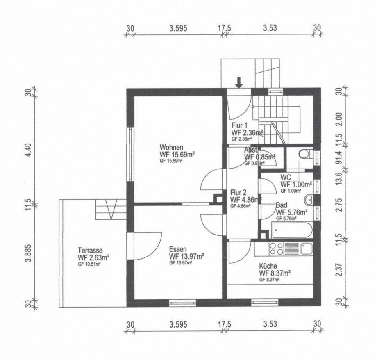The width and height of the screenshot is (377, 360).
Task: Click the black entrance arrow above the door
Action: (239, 82)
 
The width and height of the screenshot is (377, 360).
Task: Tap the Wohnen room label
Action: (171, 147)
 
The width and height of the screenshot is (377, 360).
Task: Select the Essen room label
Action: (178, 249)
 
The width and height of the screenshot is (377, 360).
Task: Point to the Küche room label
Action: (268, 266)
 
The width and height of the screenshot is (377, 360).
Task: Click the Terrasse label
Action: (90, 250)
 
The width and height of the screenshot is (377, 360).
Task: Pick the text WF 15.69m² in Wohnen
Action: (177, 155)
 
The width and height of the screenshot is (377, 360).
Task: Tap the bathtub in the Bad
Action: (292, 230)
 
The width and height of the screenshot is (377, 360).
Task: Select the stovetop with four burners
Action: (276, 249)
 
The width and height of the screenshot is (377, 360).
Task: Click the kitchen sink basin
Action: (307, 248)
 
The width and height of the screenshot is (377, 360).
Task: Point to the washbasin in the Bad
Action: (309, 200)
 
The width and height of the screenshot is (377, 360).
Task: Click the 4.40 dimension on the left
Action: (28, 150)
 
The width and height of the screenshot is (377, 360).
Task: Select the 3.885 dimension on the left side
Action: (28, 253)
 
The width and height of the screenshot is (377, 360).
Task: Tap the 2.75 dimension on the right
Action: (339, 205)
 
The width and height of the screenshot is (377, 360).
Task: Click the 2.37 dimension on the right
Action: (339, 270)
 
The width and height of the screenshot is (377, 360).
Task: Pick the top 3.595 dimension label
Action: (178, 28)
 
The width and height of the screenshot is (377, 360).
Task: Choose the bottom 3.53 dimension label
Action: (270, 324)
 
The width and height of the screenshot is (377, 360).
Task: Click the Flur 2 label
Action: (238, 193)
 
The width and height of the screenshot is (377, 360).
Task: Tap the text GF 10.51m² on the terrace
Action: (89, 264)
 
